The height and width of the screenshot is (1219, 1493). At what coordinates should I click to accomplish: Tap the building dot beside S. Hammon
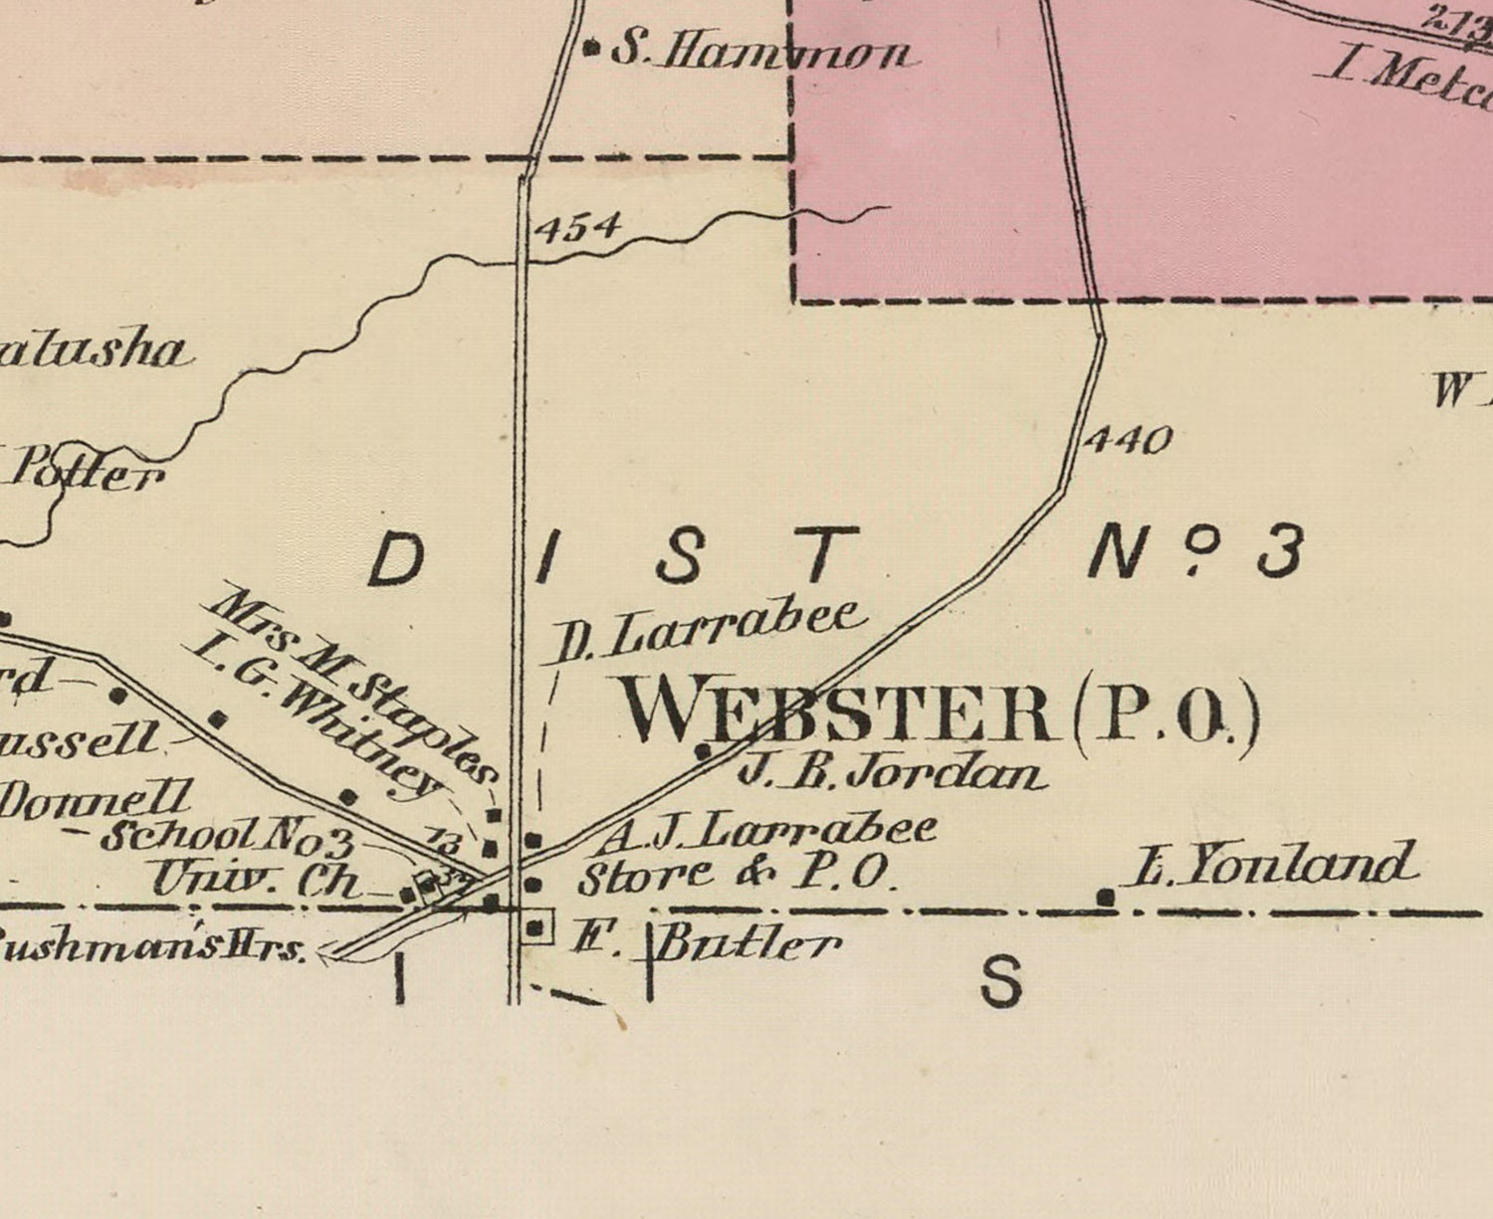(x=591, y=46)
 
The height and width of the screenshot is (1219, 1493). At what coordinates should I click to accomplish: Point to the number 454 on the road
(x=577, y=228)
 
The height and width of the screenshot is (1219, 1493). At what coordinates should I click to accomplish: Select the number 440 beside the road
(x=1127, y=439)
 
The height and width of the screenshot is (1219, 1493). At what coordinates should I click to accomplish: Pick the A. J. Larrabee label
(x=766, y=831)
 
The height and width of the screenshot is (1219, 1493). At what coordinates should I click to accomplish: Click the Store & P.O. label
(x=739, y=876)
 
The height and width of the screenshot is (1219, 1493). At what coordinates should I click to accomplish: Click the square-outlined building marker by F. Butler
(x=537, y=927)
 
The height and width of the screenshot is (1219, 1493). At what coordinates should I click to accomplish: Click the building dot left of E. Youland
(x=1106, y=898)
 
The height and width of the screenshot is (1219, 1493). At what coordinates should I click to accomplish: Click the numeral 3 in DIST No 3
(x=1278, y=553)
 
